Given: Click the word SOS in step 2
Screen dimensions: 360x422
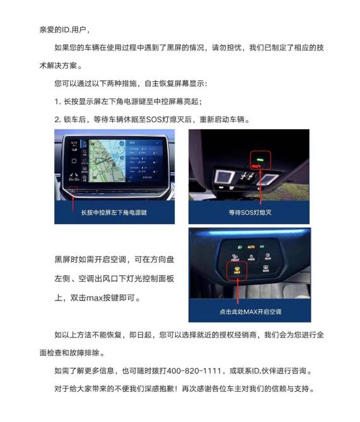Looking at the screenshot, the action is (x=153, y=119).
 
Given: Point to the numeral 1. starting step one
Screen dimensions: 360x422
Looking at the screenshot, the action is (x=57, y=101).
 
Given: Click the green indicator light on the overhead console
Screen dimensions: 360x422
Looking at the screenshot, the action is (x=260, y=159).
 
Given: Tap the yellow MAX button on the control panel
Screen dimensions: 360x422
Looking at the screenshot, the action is (x=237, y=270).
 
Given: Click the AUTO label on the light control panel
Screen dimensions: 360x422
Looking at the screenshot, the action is (x=251, y=247).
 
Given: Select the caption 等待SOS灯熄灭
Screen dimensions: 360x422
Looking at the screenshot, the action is (x=250, y=212).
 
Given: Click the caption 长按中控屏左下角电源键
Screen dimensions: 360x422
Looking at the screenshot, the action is (x=114, y=212).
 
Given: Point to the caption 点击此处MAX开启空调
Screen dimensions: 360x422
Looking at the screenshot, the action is (x=250, y=312).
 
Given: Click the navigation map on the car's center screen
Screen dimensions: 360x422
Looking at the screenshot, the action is (x=107, y=161).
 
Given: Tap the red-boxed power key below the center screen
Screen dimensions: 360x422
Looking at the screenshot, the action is (x=73, y=191).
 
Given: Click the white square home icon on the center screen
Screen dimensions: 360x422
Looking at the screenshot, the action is (x=74, y=161).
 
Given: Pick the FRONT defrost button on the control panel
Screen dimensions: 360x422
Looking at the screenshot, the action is (x=235, y=257).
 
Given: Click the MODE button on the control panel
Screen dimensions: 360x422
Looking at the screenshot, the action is (x=251, y=258).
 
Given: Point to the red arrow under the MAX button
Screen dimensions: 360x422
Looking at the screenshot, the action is (x=238, y=291).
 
